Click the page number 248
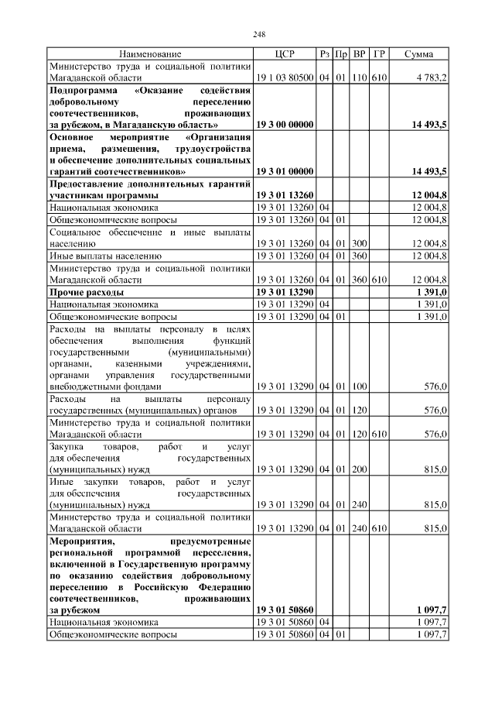(259, 34)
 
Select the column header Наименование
(150, 54)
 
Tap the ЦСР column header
(284, 54)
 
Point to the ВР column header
(359, 54)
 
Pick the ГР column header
(379, 54)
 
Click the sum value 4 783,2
(430, 78)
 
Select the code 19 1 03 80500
(284, 78)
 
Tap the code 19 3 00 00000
(284, 124)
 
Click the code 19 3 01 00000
(284, 170)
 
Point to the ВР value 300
(359, 243)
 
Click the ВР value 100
(359, 386)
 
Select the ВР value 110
(359, 78)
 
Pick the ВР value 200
(359, 469)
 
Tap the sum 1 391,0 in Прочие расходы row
(432, 293)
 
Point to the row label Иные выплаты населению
(105, 255)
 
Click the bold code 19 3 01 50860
(284, 610)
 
